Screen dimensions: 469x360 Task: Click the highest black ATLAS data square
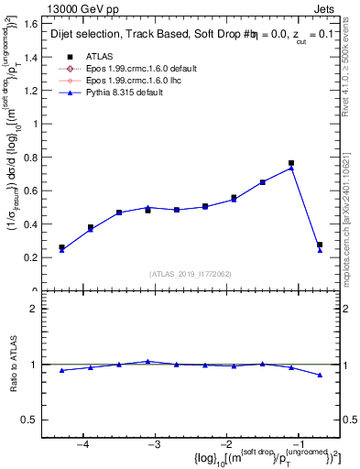click(291, 163)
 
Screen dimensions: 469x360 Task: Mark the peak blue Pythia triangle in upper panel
click(291, 168)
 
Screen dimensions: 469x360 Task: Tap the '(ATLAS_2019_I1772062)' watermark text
click(191, 274)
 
